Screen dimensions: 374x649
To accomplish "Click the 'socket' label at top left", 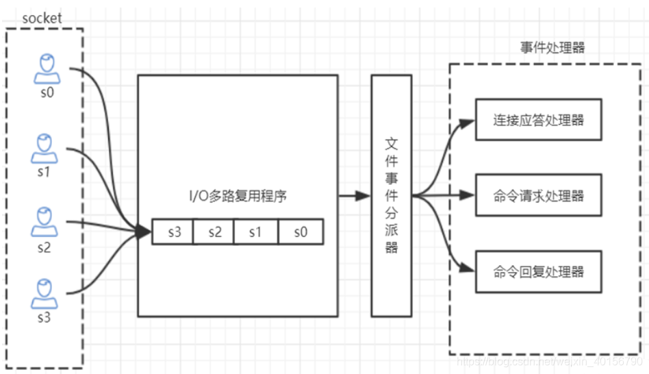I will point(42,18).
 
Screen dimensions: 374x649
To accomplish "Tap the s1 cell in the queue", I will point(255,232).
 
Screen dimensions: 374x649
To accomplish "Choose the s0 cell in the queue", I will point(301,232).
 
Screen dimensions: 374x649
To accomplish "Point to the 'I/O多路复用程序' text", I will point(238,197).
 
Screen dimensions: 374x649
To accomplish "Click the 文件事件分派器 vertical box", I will point(391,196).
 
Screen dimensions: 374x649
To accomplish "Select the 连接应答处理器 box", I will point(538,120).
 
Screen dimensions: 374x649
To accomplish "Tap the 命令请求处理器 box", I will point(538,196).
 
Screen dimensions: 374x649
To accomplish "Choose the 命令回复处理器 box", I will point(538,271).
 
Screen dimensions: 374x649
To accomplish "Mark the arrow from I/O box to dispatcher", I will point(355,196).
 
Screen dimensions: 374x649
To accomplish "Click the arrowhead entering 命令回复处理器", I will point(468,268).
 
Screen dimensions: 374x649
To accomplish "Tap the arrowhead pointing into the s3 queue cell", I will point(144,233).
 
